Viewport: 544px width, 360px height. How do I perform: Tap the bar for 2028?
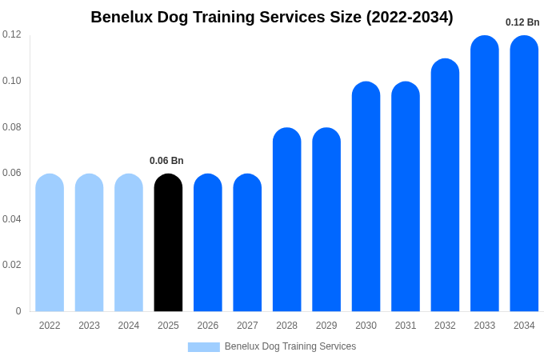click(287, 219)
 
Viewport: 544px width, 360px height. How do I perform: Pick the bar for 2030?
click(366, 197)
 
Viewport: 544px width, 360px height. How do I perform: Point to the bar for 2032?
click(445, 185)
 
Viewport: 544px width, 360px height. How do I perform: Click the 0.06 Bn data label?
click(166, 161)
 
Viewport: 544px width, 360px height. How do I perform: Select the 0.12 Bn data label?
click(522, 22)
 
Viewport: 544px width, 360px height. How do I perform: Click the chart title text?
click(272, 17)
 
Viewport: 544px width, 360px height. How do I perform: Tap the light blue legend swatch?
click(203, 346)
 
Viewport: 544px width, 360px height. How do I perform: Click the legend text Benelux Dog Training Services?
click(290, 346)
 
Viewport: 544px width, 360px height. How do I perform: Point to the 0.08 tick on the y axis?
click(12, 127)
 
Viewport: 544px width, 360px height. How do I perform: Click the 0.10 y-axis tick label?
click(12, 81)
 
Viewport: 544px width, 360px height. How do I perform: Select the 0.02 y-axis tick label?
click(12, 265)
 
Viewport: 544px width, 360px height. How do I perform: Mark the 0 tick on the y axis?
click(18, 311)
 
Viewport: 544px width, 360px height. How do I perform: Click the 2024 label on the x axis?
click(129, 326)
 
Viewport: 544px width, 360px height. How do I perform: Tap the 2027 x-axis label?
click(247, 326)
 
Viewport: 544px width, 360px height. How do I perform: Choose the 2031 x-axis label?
click(406, 326)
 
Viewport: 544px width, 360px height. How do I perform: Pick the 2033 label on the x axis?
click(485, 326)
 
